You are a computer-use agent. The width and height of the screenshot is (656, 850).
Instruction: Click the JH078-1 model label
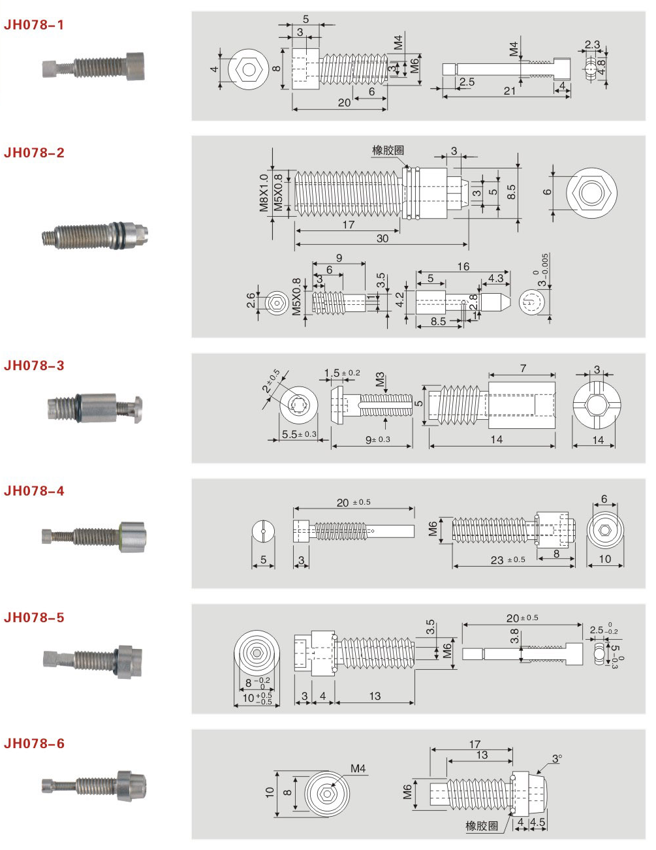click(x=34, y=25)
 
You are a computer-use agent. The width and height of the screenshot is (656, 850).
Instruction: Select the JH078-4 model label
click(x=34, y=491)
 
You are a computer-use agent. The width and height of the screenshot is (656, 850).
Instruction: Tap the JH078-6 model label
click(x=34, y=744)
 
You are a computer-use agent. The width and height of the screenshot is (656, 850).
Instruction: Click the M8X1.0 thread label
click(x=264, y=192)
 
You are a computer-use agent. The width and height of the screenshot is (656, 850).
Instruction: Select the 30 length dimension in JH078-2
click(x=382, y=238)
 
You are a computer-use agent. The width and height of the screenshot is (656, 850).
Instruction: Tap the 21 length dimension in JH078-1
click(x=509, y=91)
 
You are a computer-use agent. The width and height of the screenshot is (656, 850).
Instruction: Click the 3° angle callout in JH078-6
click(x=556, y=759)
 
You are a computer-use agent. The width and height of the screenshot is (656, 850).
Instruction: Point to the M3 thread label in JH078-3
click(x=380, y=380)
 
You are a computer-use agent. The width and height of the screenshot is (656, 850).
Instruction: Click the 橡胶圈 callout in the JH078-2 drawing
click(x=388, y=150)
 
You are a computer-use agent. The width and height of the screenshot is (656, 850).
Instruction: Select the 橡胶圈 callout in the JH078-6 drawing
click(x=482, y=826)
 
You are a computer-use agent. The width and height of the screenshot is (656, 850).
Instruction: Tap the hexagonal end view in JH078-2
click(x=590, y=193)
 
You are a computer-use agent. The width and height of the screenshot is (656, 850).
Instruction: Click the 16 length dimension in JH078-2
click(x=463, y=266)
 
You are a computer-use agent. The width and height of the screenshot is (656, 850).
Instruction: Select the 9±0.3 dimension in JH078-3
click(x=377, y=440)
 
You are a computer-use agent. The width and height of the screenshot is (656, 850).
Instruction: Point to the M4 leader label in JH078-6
click(x=358, y=768)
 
